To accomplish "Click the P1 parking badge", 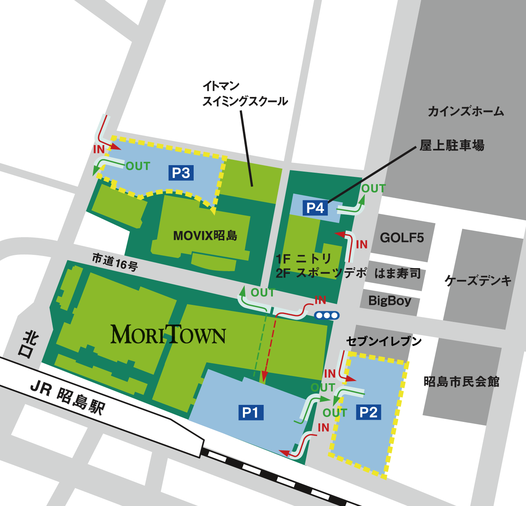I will point(250,412).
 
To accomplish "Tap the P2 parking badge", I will point(368,412).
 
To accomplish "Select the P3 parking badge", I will point(181,173).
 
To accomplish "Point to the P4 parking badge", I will point(315,208).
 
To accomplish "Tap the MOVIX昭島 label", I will point(205,236).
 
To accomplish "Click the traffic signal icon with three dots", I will point(327,315).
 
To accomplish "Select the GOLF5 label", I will point(402,238).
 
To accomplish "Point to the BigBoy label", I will point(390,301).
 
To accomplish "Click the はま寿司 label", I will point(398,273).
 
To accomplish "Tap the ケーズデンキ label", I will point(478,281).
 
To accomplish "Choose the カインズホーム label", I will point(466,111).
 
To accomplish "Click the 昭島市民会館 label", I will point(461,381).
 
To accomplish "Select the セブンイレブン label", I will point(384,341).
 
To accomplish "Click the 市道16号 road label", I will point(115,262).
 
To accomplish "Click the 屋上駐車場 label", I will point(452,145).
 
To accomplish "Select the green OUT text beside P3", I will point(138,166).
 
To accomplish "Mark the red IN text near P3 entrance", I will point(99,149).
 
